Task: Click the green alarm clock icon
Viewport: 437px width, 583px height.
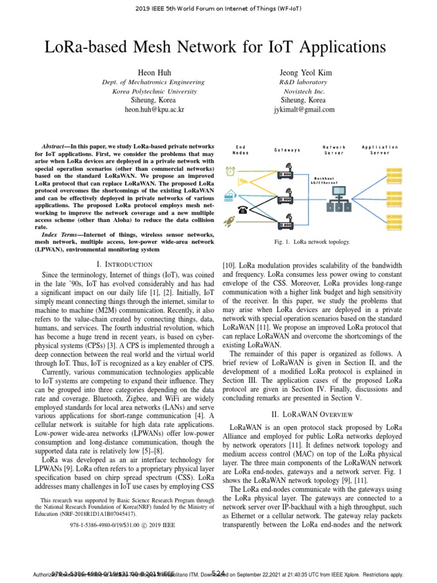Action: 230,171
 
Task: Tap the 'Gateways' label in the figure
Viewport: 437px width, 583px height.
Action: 287,150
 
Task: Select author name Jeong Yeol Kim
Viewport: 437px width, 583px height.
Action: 304,73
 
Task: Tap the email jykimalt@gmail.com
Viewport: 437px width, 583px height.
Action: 304,109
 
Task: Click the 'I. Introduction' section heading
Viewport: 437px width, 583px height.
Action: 125,264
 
